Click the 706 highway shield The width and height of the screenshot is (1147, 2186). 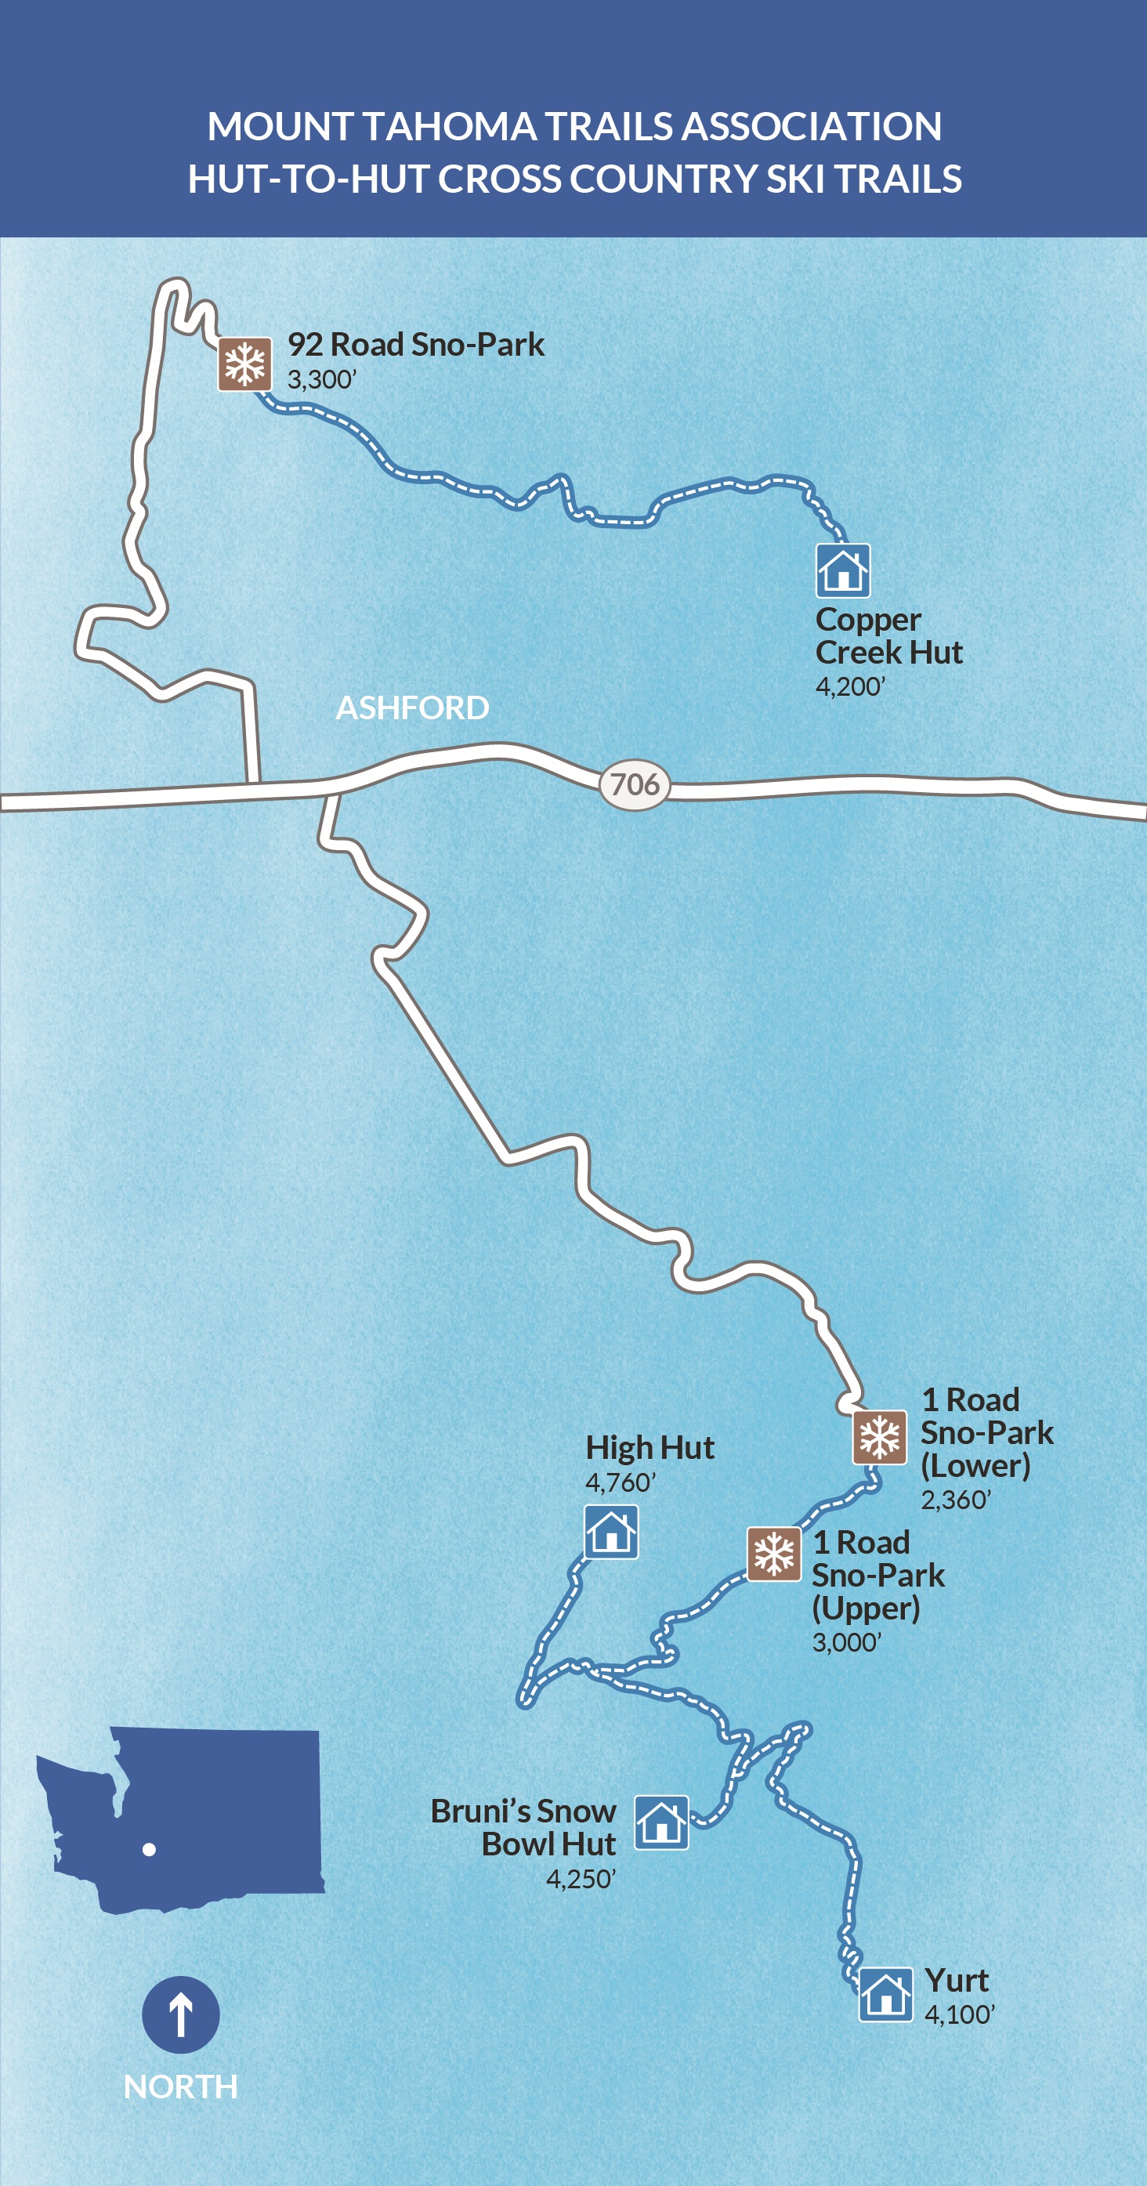[635, 785]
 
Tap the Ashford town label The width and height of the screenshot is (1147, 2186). [412, 708]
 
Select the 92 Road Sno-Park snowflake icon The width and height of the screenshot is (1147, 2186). [245, 364]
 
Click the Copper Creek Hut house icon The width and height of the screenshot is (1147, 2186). [842, 570]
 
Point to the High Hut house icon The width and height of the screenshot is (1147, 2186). [611, 1532]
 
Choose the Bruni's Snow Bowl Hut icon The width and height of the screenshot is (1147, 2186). [661, 1822]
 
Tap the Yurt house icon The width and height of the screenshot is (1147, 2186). [885, 1994]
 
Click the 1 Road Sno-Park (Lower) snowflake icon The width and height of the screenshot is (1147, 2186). [879, 1438]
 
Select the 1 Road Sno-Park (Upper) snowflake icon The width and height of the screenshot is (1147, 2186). [773, 1554]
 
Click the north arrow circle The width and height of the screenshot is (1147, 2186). [181, 2014]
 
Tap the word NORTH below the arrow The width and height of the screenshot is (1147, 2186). [181, 2086]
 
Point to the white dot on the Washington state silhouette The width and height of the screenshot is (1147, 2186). [150, 1849]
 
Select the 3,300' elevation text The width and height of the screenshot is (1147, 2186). [321, 379]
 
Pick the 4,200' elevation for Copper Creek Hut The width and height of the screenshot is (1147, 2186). [850, 686]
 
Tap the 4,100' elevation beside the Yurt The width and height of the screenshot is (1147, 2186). [959, 2014]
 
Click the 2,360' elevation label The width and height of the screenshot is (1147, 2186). [955, 1500]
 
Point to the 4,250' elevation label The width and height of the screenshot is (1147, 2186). [581, 1879]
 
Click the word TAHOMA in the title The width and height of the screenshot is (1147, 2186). [450, 126]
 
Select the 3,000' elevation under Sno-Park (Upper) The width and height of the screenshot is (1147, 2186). [847, 1642]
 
